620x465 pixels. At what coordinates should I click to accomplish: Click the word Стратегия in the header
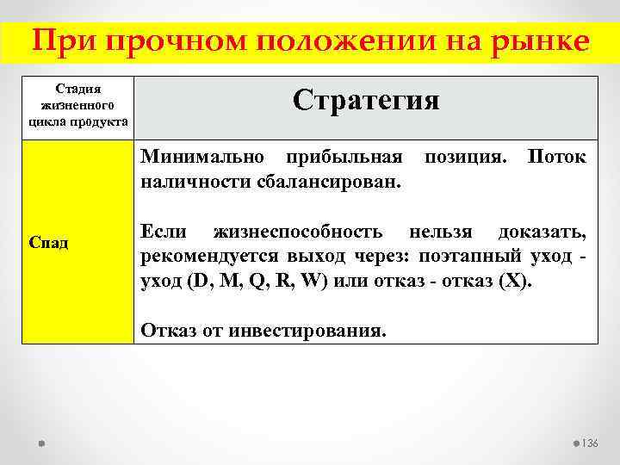(x=366, y=100)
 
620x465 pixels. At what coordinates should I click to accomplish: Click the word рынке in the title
(x=541, y=40)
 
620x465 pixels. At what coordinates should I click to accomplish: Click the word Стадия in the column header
(x=77, y=89)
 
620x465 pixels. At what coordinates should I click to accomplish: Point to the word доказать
(x=542, y=232)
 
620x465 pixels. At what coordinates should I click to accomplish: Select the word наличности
(x=189, y=180)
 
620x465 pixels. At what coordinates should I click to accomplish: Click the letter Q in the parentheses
(x=256, y=282)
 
